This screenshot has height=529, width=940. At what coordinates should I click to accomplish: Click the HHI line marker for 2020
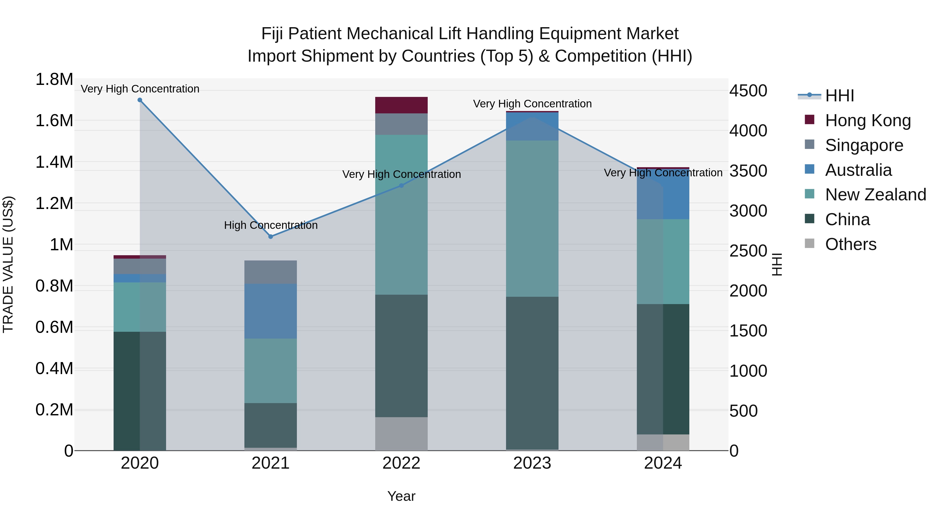click(140, 100)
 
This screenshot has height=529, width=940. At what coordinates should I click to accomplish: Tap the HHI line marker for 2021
click(271, 237)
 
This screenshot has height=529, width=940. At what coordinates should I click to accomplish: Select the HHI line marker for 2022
click(401, 185)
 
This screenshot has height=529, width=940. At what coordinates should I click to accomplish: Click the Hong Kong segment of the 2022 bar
click(401, 105)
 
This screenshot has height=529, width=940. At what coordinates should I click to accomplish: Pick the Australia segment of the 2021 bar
click(271, 311)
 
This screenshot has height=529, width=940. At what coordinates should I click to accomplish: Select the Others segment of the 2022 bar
click(401, 434)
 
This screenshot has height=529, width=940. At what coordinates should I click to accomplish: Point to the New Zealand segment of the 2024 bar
click(663, 261)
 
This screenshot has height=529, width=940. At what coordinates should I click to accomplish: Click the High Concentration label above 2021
click(271, 225)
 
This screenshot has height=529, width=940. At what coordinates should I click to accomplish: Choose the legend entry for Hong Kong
click(868, 120)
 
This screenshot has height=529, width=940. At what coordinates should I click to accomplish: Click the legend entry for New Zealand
click(875, 195)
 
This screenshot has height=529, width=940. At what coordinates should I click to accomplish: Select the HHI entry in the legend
click(839, 96)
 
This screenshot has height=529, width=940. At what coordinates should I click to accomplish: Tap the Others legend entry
click(850, 244)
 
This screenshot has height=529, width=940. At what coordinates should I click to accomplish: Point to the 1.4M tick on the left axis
click(54, 162)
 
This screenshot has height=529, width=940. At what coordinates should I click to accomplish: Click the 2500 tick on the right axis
click(748, 251)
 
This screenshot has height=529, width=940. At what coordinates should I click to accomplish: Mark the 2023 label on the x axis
click(532, 463)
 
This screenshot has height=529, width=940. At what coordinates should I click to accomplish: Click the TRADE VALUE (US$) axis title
click(8, 264)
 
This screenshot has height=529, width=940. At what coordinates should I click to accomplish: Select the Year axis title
click(401, 496)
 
